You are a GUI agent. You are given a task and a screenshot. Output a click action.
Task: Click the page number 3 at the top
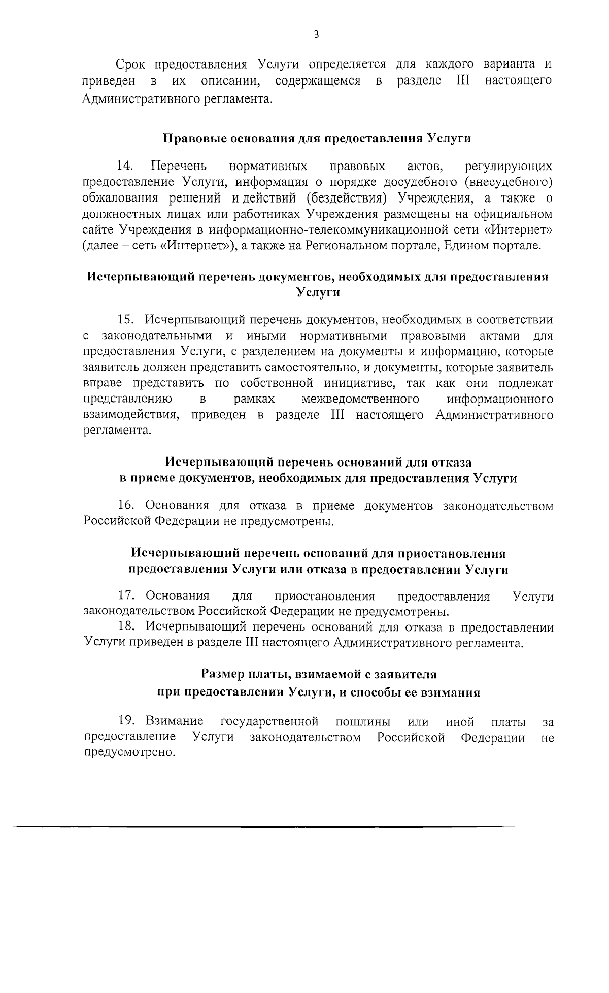tap(316, 35)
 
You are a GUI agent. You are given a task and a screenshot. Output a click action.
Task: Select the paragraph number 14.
tap(125, 166)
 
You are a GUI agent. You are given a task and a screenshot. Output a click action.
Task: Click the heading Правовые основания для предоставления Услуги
tap(317, 138)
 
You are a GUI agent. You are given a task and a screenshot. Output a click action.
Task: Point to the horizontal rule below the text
tap(264, 827)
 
